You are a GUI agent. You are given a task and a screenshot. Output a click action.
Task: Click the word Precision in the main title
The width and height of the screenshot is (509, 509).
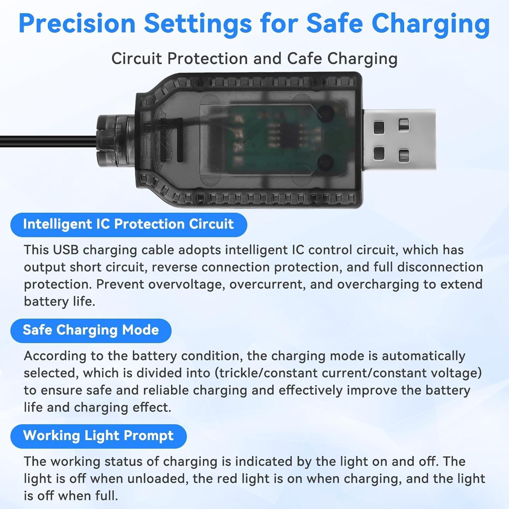click(77, 24)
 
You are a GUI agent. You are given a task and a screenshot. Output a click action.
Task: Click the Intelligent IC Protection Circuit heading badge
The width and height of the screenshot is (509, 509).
click(129, 224)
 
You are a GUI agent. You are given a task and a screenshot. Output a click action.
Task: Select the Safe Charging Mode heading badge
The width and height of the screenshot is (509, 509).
click(91, 330)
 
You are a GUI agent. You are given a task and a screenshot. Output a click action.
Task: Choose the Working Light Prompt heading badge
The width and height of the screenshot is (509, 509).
click(98, 436)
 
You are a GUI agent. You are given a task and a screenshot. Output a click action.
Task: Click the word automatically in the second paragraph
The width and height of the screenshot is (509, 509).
click(423, 356)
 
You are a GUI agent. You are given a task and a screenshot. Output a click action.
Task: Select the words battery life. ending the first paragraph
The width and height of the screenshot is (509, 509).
click(59, 301)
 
